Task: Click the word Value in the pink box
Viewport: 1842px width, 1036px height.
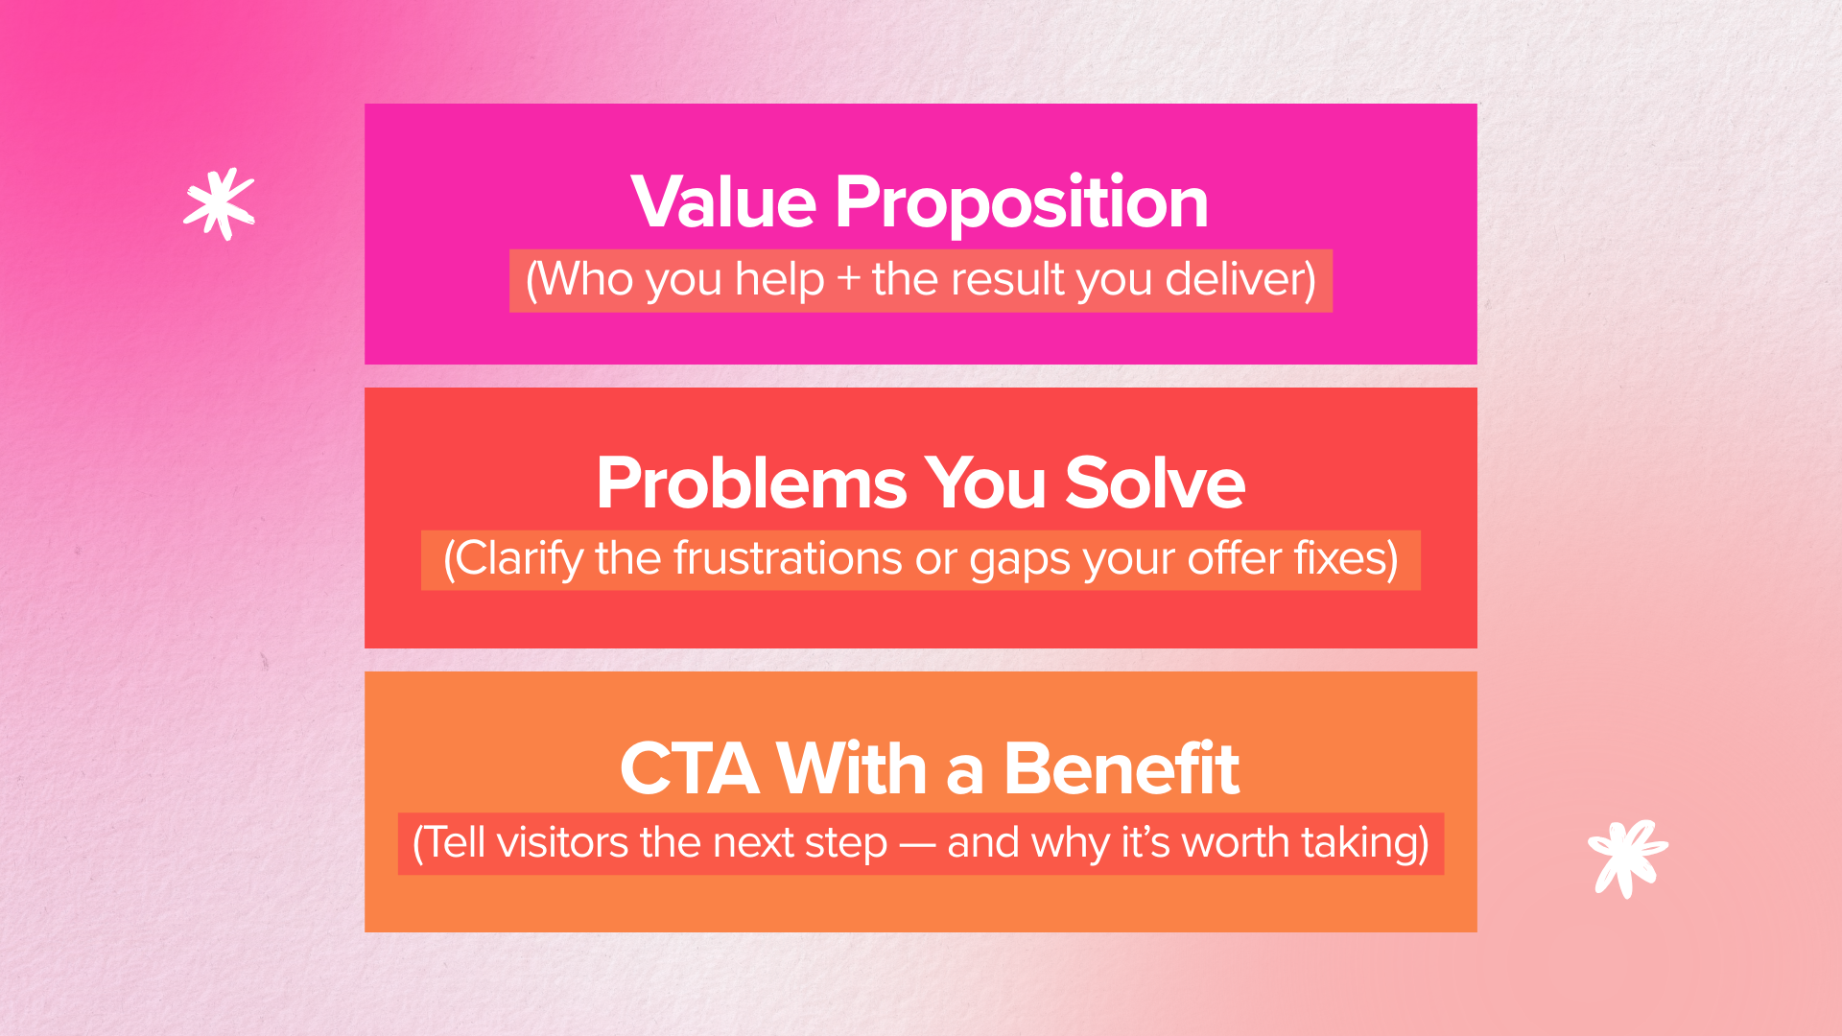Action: point(723,202)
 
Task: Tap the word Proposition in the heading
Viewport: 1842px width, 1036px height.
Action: point(1021,204)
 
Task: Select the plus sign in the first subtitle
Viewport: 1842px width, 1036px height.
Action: point(848,281)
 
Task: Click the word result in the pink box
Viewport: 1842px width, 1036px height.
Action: point(1007,280)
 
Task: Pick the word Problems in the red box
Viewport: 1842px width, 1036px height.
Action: point(751,483)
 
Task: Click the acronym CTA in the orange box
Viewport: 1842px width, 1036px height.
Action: point(690,769)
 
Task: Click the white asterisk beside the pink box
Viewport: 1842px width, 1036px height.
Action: point(220,203)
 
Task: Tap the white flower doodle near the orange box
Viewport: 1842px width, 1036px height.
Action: point(1627,857)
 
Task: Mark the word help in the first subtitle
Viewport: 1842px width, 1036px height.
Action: point(779,281)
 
